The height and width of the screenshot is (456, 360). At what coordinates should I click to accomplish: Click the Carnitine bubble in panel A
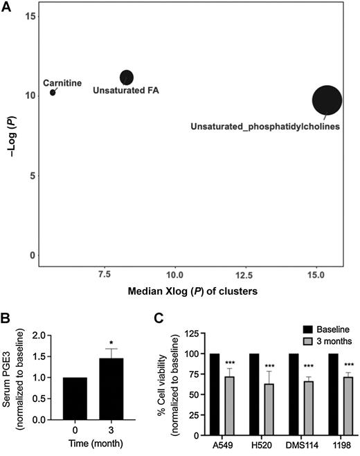click(53, 92)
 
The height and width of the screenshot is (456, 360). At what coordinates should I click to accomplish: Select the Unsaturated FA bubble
click(127, 77)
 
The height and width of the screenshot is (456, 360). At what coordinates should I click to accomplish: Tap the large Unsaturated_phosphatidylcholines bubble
click(327, 100)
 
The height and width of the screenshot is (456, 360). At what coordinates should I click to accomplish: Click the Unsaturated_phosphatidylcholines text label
click(265, 127)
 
